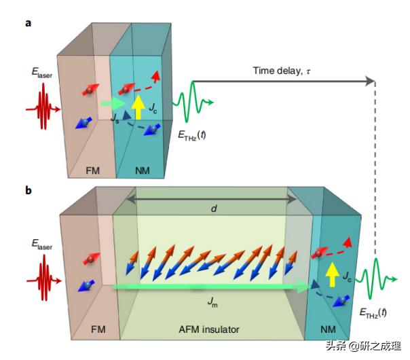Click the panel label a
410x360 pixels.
point(29,23)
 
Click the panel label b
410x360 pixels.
point(29,190)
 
